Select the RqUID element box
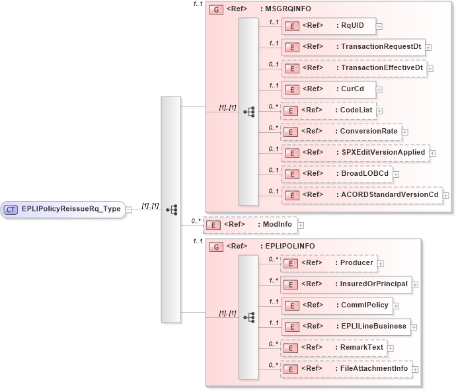pos(328,26)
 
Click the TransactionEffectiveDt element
pos(354,67)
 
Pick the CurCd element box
pos(328,89)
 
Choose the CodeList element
pos(328,110)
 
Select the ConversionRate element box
pos(340,132)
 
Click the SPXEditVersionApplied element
pos(354,153)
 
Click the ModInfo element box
pos(250,225)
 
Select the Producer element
pos(328,263)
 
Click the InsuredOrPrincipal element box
pos(346,284)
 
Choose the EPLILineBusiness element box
pos(346,326)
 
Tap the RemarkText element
pos(333,347)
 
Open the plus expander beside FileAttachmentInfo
pos(415,369)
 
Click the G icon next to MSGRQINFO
pos(215,11)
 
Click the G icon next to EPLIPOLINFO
pos(215,247)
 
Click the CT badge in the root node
pos(11,210)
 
